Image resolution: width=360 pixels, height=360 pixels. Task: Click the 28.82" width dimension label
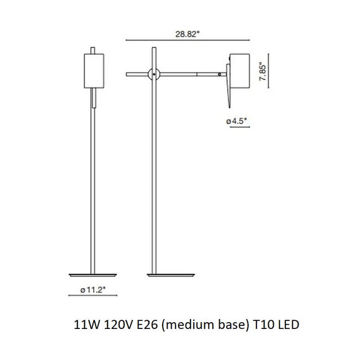(188, 35)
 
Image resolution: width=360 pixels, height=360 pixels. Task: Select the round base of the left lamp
(92, 274)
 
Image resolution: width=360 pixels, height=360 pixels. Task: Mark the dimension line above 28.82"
(187, 42)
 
